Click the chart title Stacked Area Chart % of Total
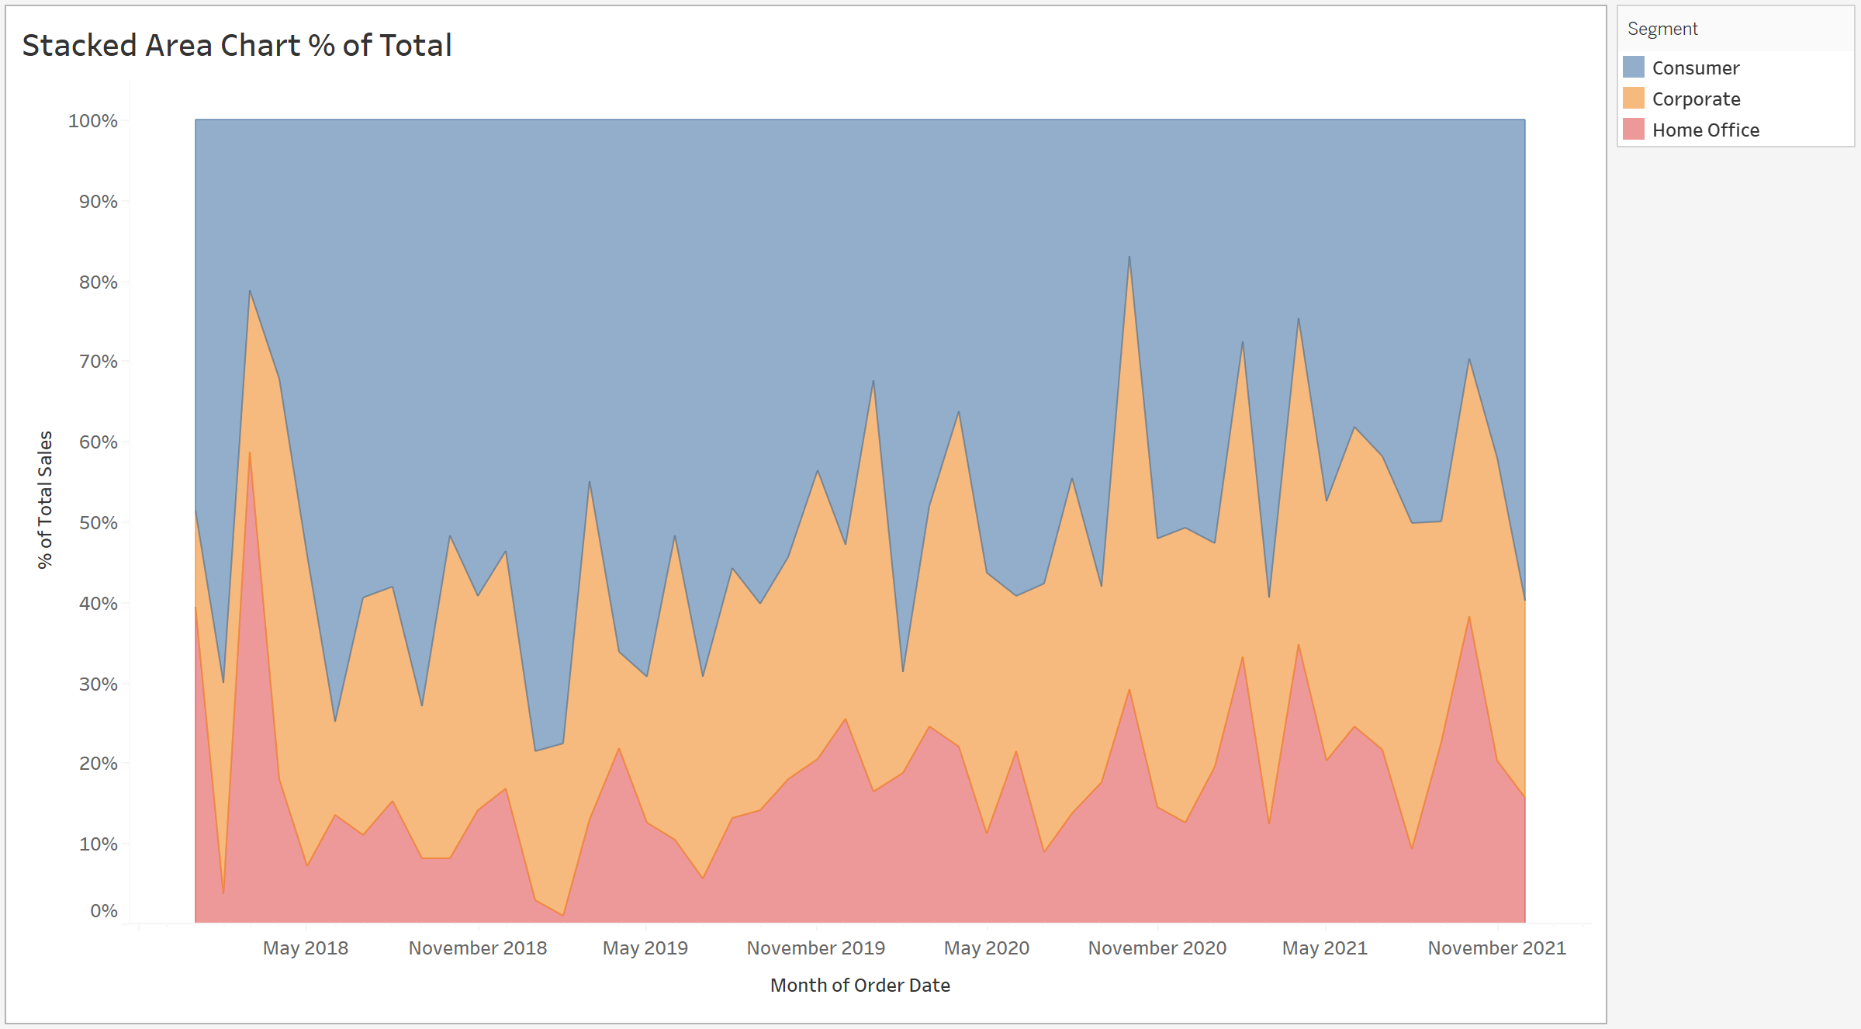click(x=237, y=46)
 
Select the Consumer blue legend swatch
click(x=1633, y=68)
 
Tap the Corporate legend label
click(x=1696, y=99)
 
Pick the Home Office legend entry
click(x=1705, y=130)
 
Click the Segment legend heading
click(x=1662, y=29)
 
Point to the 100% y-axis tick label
click(x=93, y=121)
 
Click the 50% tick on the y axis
click(x=99, y=523)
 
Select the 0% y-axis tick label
click(x=104, y=911)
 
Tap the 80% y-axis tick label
click(x=99, y=282)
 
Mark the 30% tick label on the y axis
click(x=99, y=684)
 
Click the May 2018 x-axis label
click(x=306, y=948)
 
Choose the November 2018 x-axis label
click(x=478, y=948)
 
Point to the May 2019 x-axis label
click(x=645, y=948)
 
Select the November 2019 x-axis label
click(x=816, y=948)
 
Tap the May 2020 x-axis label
click(x=987, y=948)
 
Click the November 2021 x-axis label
click(x=1497, y=948)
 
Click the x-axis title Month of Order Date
click(x=860, y=986)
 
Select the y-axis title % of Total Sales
click(x=45, y=500)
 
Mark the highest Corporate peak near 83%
click(x=1129, y=258)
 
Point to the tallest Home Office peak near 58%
click(x=250, y=453)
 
